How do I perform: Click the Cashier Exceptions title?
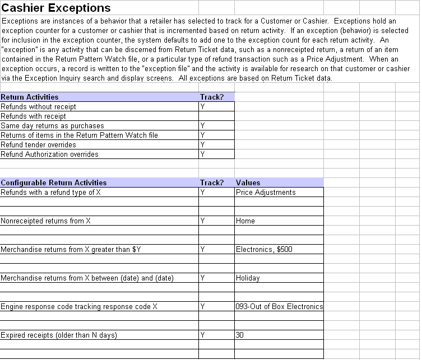57,8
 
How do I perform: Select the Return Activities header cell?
30,97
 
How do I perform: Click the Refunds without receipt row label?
39,106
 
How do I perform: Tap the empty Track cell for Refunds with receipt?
216,116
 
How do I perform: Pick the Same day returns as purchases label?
49,125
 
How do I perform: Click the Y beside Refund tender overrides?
203,144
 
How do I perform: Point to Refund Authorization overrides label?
49,154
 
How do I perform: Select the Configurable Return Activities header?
54,183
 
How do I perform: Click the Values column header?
248,183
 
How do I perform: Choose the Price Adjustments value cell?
266,192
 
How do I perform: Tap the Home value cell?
245,221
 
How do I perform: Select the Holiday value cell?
248,278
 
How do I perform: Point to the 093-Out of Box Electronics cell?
279,306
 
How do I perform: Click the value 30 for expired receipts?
240,335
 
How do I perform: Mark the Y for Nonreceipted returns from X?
202,221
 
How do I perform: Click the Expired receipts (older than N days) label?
59,335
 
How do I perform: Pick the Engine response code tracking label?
79,306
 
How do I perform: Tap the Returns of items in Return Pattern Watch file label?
79,135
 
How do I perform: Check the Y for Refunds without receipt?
203,106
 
